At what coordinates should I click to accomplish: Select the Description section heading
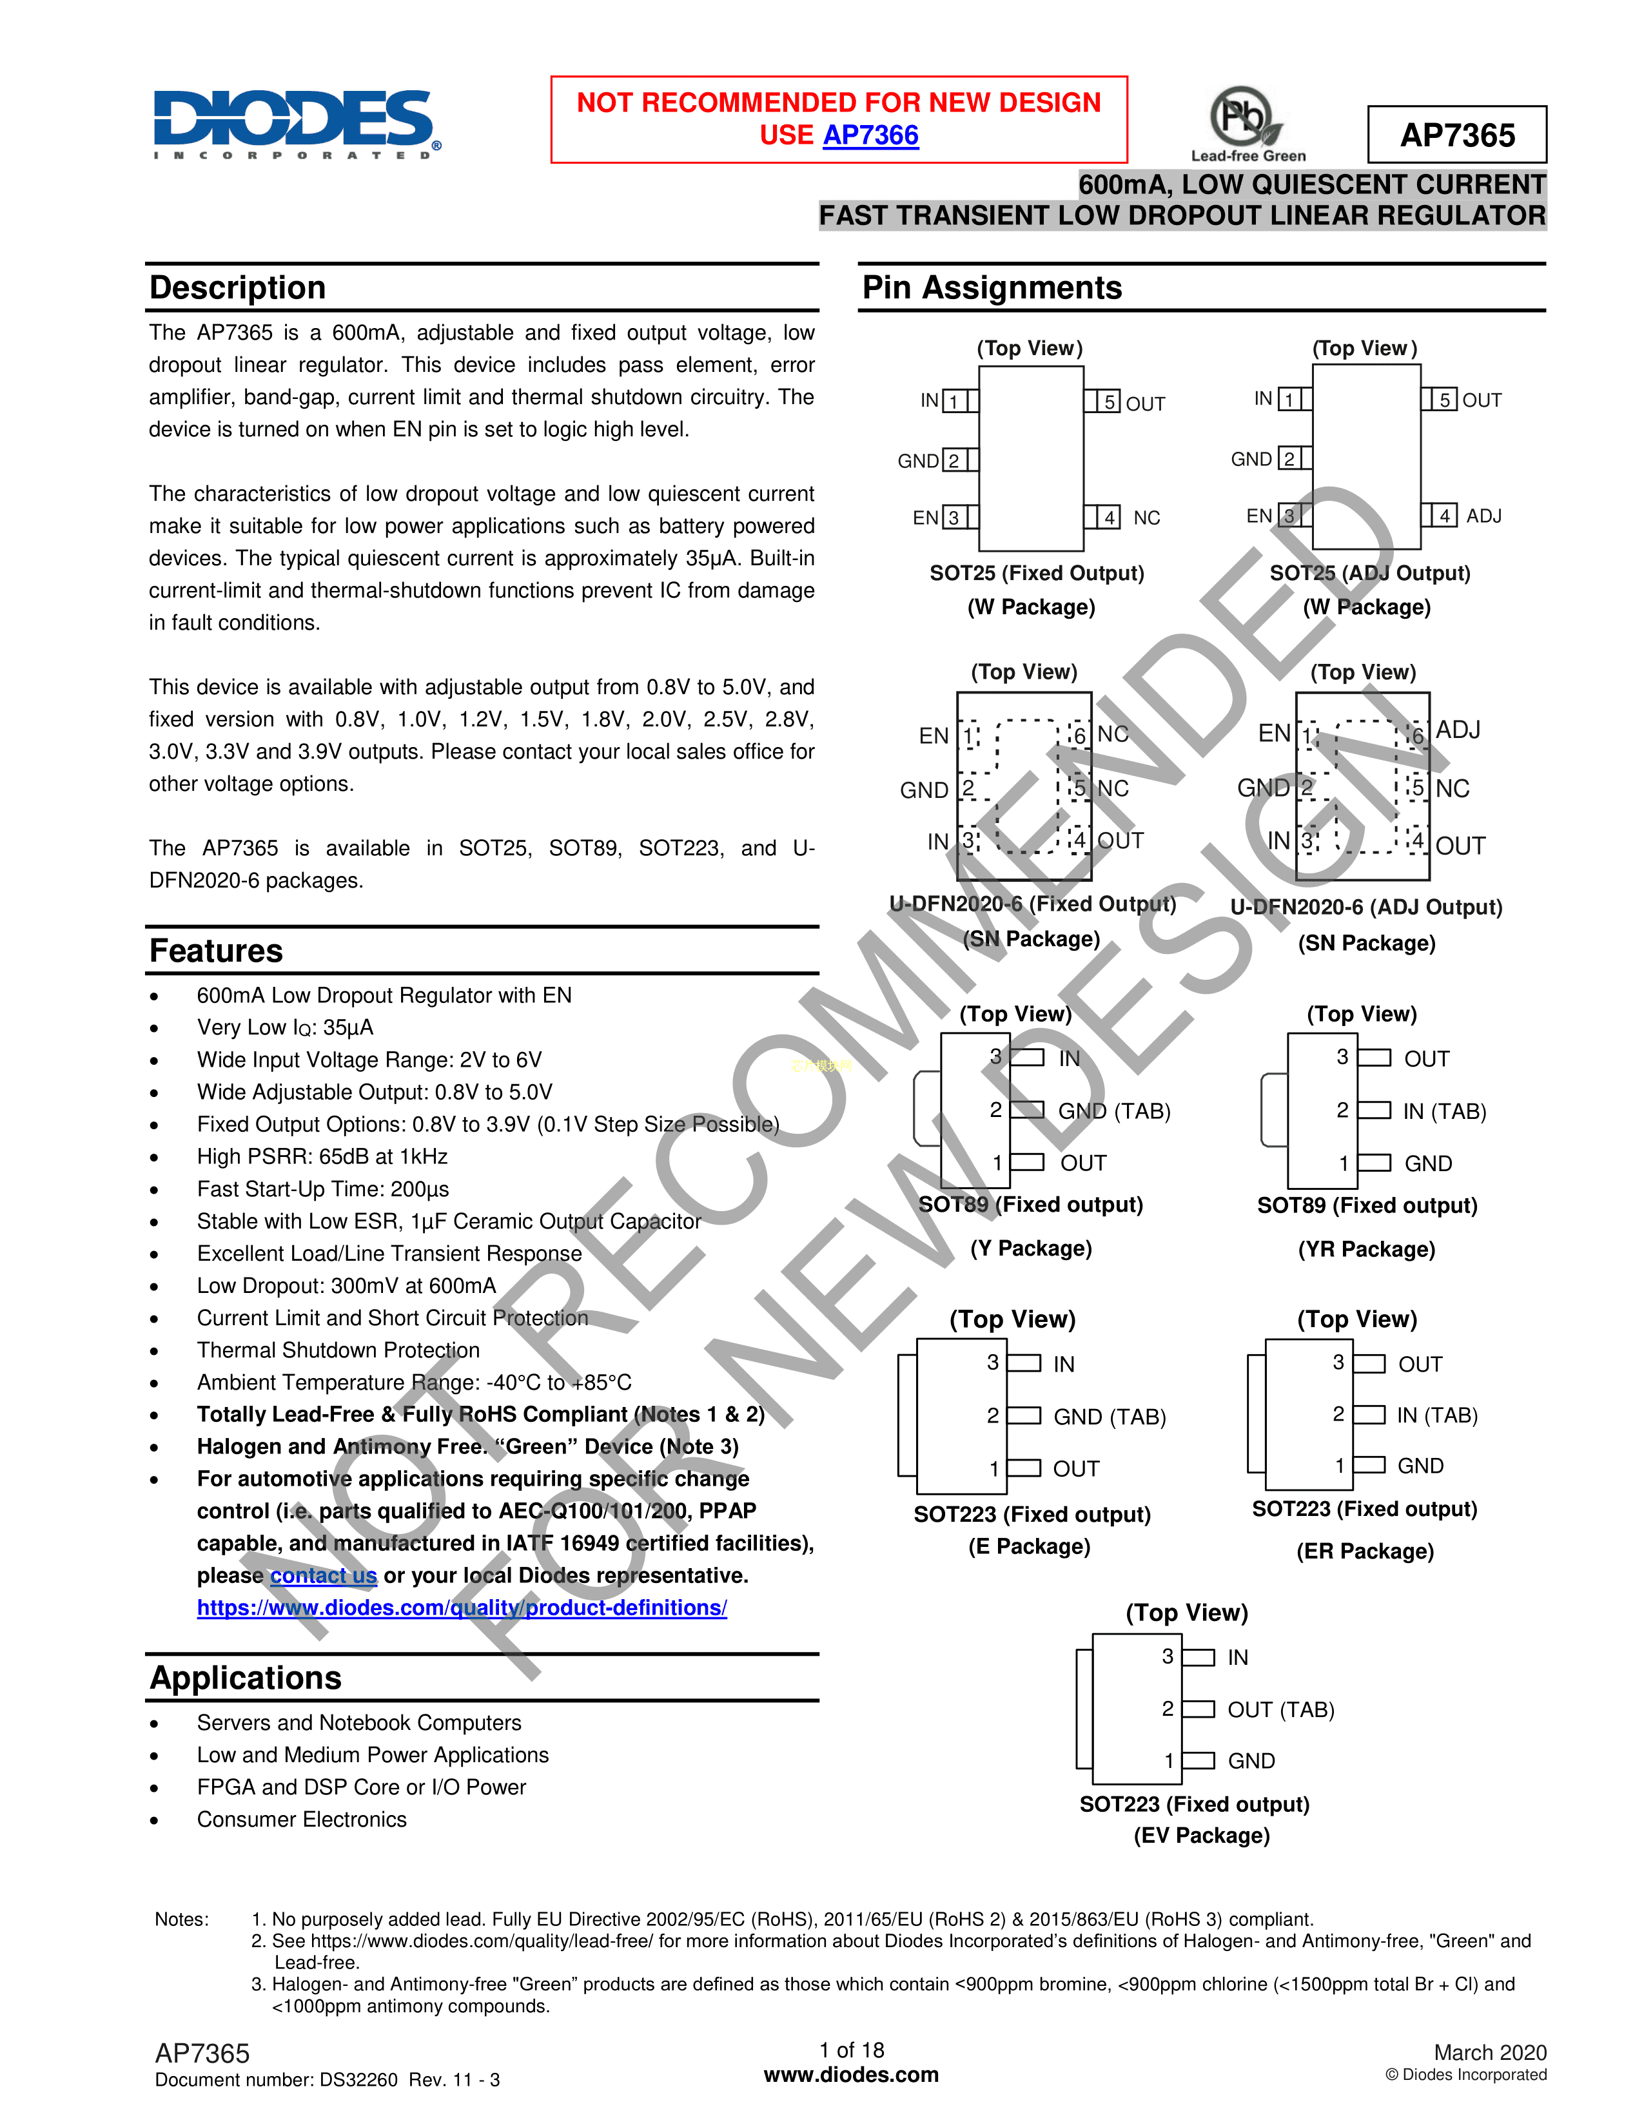238,288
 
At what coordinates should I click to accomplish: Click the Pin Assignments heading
992,288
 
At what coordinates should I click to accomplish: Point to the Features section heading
216,951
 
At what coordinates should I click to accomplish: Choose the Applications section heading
246,1677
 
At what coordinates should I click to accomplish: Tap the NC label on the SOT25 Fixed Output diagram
1146,518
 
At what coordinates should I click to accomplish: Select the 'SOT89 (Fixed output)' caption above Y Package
1030,1205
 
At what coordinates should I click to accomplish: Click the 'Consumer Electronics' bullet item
302,1820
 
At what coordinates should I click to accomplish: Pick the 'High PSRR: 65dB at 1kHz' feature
322,1156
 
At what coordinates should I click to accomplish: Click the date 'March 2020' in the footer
1489,2052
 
